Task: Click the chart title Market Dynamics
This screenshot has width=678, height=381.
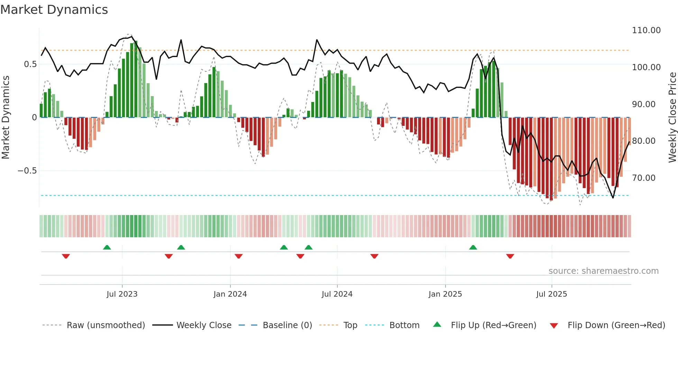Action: pos(54,10)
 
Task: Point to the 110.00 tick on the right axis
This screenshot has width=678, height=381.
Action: pos(646,30)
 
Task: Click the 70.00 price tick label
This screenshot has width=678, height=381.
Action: pos(643,178)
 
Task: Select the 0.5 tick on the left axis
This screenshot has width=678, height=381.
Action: pos(30,64)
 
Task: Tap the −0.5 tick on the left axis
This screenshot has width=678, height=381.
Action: pos(27,171)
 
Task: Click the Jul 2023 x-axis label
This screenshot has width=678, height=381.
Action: pos(122,294)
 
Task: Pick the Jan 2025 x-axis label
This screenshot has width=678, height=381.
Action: pos(445,294)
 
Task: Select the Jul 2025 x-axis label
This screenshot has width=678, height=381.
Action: pos(551,294)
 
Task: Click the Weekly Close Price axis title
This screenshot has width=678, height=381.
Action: pos(672,118)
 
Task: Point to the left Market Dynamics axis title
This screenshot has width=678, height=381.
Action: pos(6,118)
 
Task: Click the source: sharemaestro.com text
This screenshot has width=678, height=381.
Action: pos(603,271)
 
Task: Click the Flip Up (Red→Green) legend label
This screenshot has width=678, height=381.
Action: pos(493,325)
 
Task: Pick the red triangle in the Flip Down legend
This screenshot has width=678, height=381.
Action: pos(553,326)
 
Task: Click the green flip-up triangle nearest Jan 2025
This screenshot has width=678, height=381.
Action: pos(473,248)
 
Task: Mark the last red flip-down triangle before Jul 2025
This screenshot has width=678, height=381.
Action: pos(510,256)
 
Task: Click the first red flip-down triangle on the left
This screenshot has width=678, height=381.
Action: pos(66,256)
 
